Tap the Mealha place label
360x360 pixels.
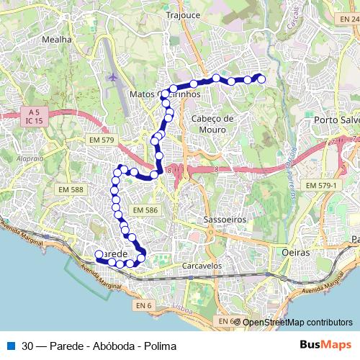click(58, 40)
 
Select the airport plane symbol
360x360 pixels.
click(112, 76)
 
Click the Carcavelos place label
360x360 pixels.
click(202, 265)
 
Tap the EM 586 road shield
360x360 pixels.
click(145, 210)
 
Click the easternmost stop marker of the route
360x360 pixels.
click(261, 79)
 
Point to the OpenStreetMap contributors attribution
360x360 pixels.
click(297, 322)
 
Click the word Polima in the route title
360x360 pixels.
click(162, 346)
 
